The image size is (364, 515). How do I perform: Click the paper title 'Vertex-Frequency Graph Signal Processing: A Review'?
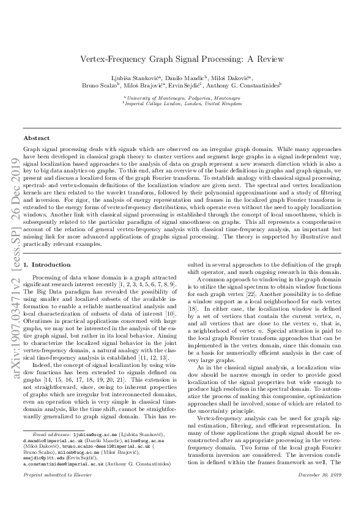click(182, 59)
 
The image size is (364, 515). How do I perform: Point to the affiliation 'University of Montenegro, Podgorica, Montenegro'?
click(182, 98)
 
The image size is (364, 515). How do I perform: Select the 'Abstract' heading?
click(36, 139)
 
